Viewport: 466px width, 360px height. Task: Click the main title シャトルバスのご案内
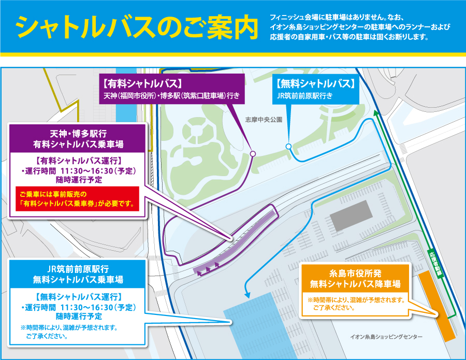tap(137, 27)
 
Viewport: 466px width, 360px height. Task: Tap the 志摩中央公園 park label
tap(264, 120)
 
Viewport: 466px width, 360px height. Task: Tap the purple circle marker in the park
tap(253, 153)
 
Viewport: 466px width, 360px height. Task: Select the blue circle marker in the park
tap(288, 147)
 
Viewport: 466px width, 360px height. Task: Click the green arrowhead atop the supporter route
tap(376, 112)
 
